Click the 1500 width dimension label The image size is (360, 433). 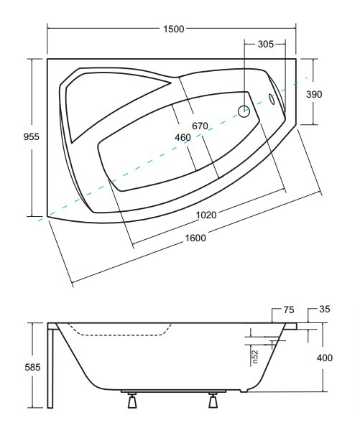point(173,29)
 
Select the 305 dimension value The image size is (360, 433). point(266,44)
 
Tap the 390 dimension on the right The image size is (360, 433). point(314,95)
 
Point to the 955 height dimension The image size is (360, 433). point(32,136)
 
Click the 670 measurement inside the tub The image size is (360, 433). point(200,126)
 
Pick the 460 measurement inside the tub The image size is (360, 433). point(183,137)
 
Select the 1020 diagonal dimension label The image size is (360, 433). point(206,215)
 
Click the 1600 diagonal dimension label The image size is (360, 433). point(195,238)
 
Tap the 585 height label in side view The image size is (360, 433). point(32,367)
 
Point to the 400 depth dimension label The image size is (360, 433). point(325,358)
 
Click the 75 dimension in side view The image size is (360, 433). point(288,309)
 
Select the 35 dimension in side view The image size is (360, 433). point(325,309)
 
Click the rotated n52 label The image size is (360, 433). point(255,356)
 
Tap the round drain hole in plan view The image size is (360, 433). point(244,111)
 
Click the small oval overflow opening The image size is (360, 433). point(272,99)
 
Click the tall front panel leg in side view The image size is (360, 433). point(50,366)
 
